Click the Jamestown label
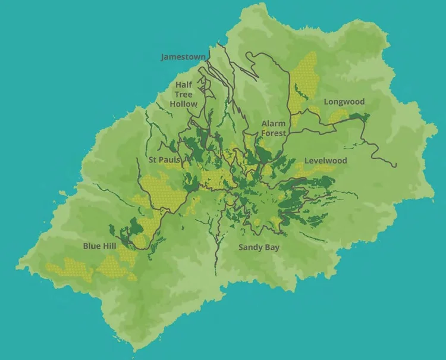click(x=183, y=57)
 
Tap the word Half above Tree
click(x=184, y=85)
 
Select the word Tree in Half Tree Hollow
click(x=184, y=94)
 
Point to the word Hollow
click(x=183, y=104)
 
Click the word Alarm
click(x=274, y=124)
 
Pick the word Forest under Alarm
click(x=274, y=133)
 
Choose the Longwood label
click(x=344, y=102)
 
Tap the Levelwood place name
click(x=325, y=161)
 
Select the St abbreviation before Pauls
click(x=153, y=160)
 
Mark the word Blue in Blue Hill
click(x=92, y=246)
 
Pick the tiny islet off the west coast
click(x=62, y=193)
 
